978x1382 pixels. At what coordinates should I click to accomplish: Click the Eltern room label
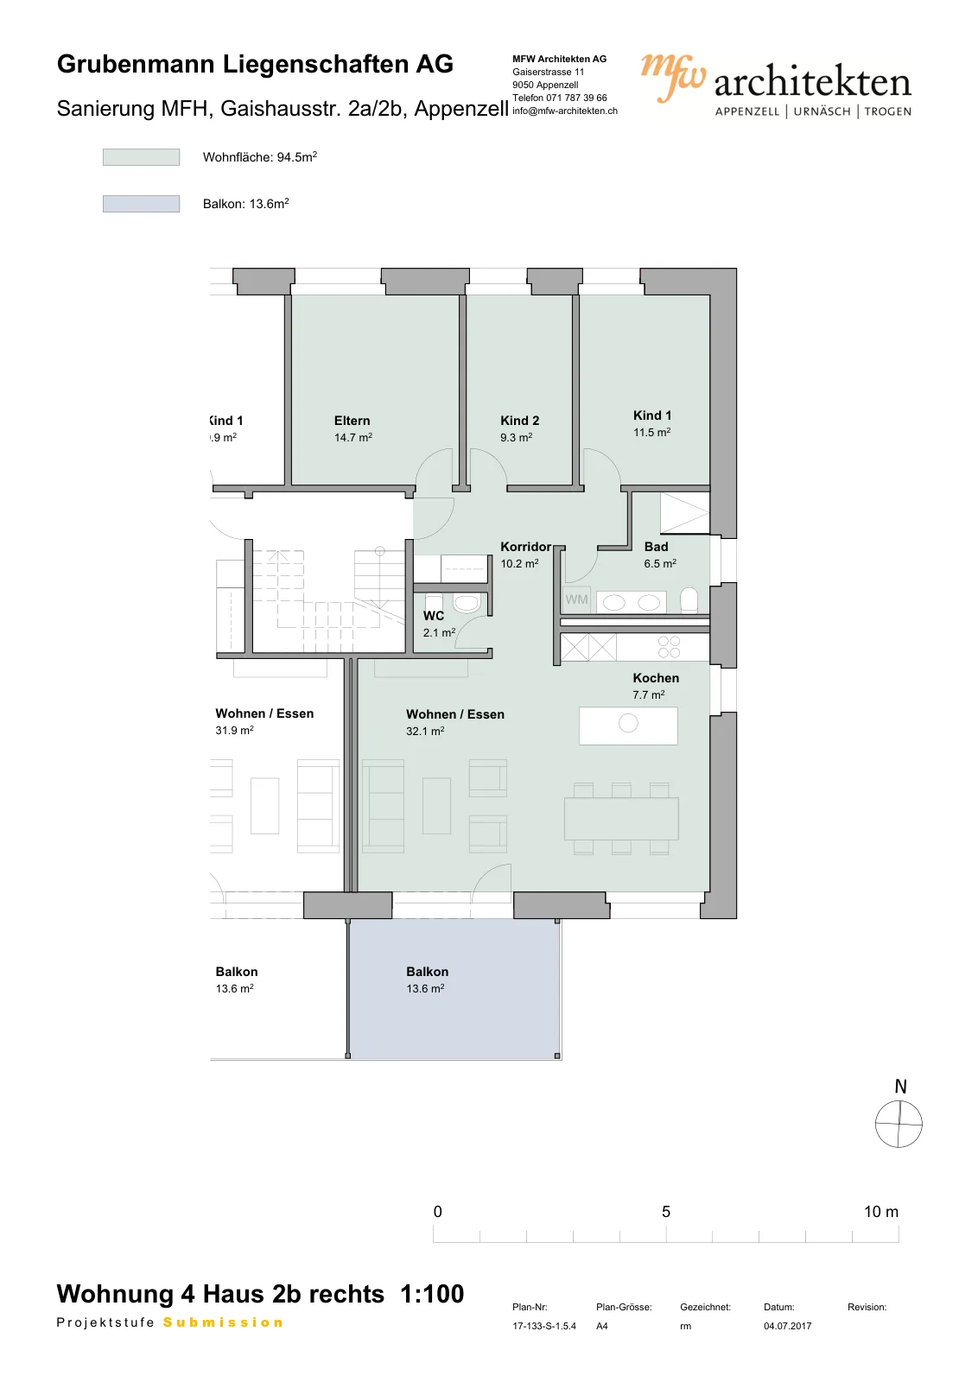coord(352,421)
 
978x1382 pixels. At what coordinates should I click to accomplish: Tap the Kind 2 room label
coord(519,421)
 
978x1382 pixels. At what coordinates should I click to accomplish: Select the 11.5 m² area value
coord(651,433)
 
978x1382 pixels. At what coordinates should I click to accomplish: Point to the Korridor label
coord(525,547)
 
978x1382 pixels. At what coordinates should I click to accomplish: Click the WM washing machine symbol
coord(576,599)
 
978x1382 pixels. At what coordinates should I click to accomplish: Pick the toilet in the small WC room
coord(467,603)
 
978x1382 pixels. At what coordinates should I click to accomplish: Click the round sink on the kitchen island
coord(628,722)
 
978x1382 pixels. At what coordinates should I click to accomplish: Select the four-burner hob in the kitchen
coord(669,647)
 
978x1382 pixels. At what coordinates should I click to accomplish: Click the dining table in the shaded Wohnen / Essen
coord(621,819)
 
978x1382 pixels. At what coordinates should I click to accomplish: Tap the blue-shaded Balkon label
coord(427,972)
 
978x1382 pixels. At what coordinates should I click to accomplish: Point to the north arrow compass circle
coord(899,1124)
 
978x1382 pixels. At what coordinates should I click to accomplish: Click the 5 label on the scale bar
coord(666,1212)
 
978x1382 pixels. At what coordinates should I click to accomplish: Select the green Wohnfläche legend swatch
coord(142,157)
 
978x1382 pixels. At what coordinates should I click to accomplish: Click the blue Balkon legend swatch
coord(142,204)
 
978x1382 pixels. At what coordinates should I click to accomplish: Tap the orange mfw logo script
coord(672,77)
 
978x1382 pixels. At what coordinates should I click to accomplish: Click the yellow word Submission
coord(223,1322)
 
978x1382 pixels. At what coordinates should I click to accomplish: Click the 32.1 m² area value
coord(425,731)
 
